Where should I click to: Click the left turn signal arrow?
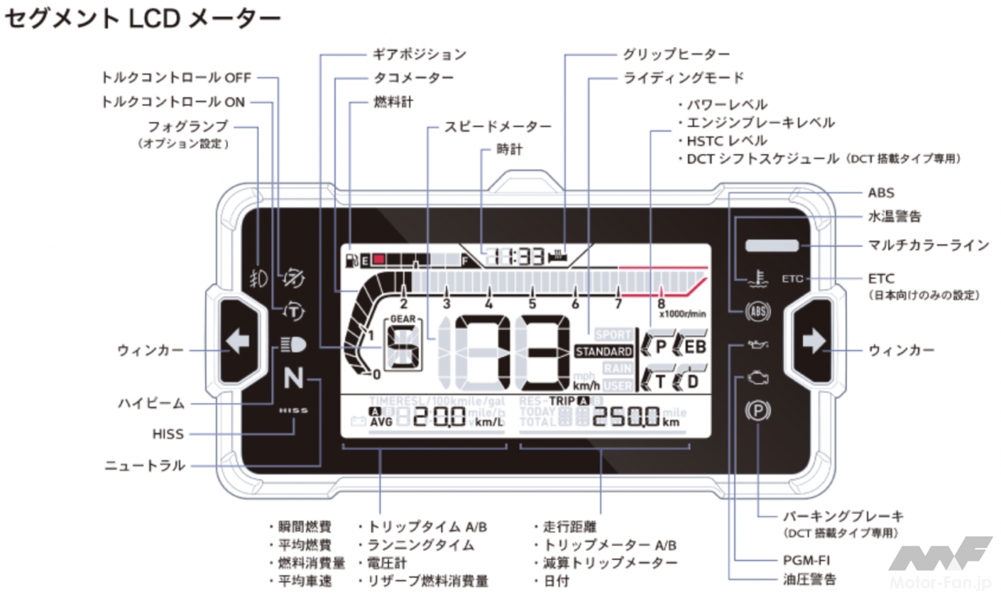pos(236,341)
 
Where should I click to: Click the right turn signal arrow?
pos(814,341)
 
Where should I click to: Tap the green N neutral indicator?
pos(293,378)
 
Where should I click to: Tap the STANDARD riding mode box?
pos(603,352)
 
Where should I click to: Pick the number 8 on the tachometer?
pos(661,304)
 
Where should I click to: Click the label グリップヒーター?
pos(676,54)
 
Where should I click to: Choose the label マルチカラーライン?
pos(928,245)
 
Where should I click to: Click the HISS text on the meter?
pos(293,410)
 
